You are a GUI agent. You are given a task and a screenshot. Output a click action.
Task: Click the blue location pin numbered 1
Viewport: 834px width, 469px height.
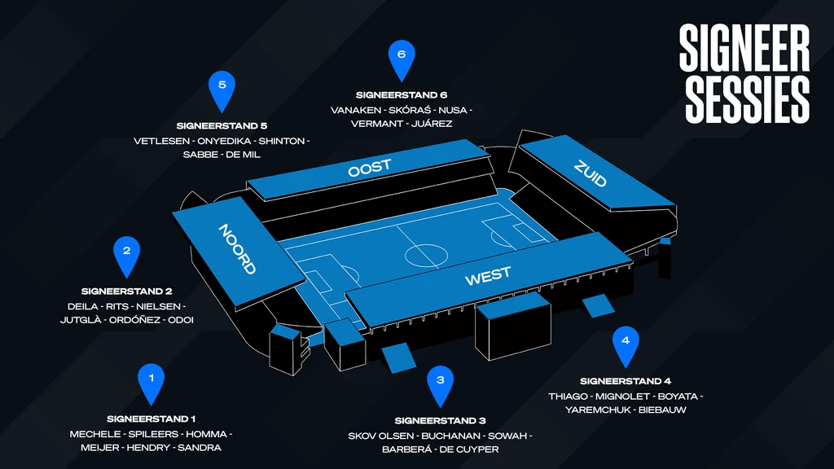(x=151, y=383)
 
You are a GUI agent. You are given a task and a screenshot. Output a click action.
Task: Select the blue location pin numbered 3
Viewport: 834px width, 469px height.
(x=441, y=385)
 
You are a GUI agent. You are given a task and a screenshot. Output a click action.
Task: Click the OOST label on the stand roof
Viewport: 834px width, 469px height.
(x=370, y=168)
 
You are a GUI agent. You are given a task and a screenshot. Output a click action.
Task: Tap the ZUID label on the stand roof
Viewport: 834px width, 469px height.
(x=590, y=173)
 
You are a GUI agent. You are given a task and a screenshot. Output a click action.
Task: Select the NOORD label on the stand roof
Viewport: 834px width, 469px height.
(x=237, y=248)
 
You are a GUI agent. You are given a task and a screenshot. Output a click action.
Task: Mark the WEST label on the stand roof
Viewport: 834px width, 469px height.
(x=488, y=276)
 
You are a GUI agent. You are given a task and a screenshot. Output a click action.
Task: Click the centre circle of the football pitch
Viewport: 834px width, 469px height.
(x=426, y=256)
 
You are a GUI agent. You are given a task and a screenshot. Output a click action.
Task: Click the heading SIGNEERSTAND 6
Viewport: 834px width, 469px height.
(x=402, y=95)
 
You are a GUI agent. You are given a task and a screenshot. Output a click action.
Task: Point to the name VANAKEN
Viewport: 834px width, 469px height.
(x=356, y=110)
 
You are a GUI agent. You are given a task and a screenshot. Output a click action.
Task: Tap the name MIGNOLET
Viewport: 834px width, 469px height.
(x=622, y=397)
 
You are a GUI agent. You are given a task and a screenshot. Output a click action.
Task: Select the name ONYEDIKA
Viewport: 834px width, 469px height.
(x=224, y=141)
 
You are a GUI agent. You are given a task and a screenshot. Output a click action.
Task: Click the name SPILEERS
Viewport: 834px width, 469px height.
(x=153, y=435)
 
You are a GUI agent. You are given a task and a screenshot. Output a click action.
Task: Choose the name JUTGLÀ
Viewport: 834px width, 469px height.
(x=81, y=320)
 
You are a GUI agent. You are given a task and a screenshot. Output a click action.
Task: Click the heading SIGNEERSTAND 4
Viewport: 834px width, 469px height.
(x=625, y=381)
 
